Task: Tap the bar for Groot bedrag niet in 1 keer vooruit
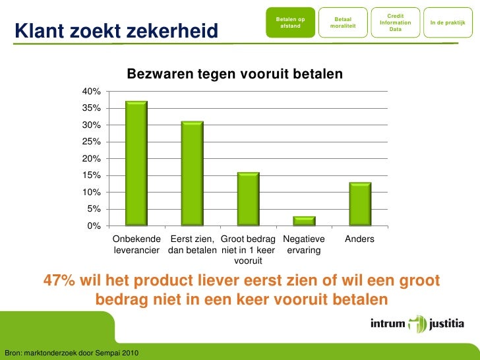tap(249, 199)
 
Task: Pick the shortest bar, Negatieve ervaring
tap(304, 221)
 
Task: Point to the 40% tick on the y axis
tap(91, 92)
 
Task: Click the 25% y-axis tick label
tap(91, 142)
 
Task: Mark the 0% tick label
tap(94, 226)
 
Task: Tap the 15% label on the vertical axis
tap(91, 175)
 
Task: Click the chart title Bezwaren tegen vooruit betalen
tap(235, 74)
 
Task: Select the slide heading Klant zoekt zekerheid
tap(116, 30)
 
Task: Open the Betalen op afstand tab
tap(290, 22)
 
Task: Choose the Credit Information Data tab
tap(396, 22)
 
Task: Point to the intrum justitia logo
tap(417, 324)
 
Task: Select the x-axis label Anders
tap(360, 239)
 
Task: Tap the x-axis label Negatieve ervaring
tap(304, 245)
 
